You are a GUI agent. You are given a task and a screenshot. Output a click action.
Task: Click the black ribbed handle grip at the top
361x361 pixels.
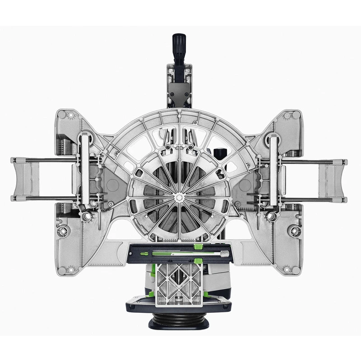[x=177, y=45]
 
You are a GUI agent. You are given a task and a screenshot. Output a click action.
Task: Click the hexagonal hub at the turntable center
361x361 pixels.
[x=180, y=197]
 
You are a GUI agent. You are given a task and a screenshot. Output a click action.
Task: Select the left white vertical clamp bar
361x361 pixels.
[x=84, y=170]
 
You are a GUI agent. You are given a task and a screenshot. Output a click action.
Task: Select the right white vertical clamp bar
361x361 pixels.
[x=273, y=170]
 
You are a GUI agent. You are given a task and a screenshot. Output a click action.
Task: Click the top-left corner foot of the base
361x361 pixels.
[x=69, y=116]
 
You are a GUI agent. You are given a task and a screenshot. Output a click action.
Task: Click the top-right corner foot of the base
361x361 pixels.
[x=288, y=116]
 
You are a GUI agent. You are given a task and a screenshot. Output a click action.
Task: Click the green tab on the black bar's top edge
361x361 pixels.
[x=197, y=246]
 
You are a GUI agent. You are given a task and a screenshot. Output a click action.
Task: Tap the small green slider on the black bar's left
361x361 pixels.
[x=144, y=254]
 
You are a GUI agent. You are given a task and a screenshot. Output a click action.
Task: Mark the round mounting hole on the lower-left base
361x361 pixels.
[x=63, y=231]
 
